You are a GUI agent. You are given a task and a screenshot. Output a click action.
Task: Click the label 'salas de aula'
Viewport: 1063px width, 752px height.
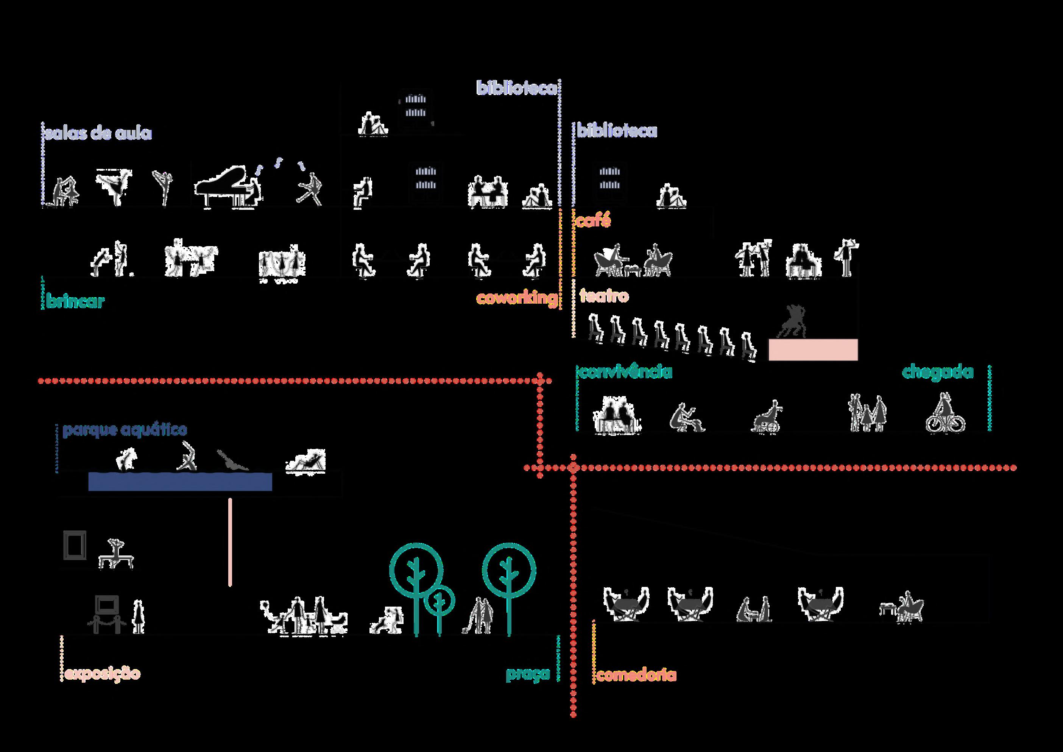point(98,133)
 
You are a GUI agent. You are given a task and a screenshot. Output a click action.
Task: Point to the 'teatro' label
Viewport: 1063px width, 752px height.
point(604,295)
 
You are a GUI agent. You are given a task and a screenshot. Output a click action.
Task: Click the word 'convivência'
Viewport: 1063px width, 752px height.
point(625,372)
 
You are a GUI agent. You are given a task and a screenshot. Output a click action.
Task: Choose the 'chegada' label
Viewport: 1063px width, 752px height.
point(938,372)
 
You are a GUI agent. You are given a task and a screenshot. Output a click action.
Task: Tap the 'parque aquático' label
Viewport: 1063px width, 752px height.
point(125,430)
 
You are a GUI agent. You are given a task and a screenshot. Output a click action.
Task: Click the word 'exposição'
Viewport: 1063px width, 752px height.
point(102,673)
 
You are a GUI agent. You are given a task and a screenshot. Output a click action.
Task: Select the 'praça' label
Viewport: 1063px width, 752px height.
point(527,674)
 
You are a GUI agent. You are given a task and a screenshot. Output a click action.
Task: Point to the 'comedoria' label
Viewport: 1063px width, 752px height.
point(636,675)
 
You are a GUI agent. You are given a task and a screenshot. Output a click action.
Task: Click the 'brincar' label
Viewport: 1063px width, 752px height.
point(75,301)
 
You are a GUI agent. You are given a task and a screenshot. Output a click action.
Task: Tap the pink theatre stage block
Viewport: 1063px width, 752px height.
point(813,349)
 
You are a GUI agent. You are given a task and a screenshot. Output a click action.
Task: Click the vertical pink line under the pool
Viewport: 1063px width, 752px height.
point(230,542)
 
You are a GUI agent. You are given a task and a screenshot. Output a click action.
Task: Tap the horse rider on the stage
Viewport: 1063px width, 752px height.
point(793,320)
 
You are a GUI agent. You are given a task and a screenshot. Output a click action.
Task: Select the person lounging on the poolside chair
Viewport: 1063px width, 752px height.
point(307,461)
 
